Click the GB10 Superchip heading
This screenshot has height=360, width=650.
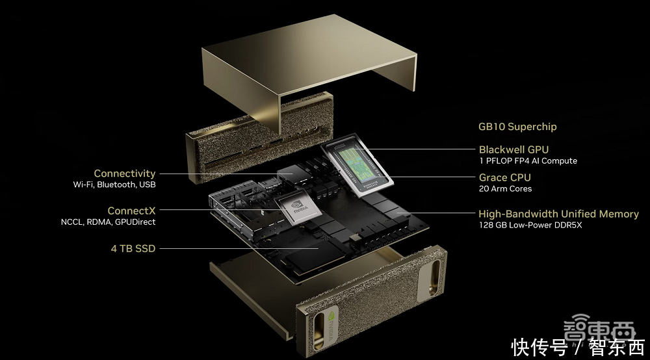(517, 127)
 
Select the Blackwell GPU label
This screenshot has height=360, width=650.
(513, 149)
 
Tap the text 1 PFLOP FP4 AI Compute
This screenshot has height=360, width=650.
(528, 161)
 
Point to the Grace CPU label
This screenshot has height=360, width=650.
(505, 177)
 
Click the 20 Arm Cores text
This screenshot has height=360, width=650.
(505, 188)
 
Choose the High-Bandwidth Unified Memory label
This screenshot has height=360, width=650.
(558, 214)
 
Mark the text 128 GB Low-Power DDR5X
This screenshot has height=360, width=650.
(530, 225)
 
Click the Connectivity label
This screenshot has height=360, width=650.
(125, 174)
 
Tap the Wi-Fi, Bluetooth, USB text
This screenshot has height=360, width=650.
(114, 185)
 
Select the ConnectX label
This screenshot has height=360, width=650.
(131, 211)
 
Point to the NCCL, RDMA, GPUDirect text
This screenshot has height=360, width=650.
(108, 222)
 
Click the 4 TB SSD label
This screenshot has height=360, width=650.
(133, 249)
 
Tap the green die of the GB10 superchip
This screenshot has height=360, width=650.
(356, 166)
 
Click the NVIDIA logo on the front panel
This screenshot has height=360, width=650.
(332, 326)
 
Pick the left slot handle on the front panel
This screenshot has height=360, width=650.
(318, 331)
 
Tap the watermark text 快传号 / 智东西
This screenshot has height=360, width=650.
(578, 347)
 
